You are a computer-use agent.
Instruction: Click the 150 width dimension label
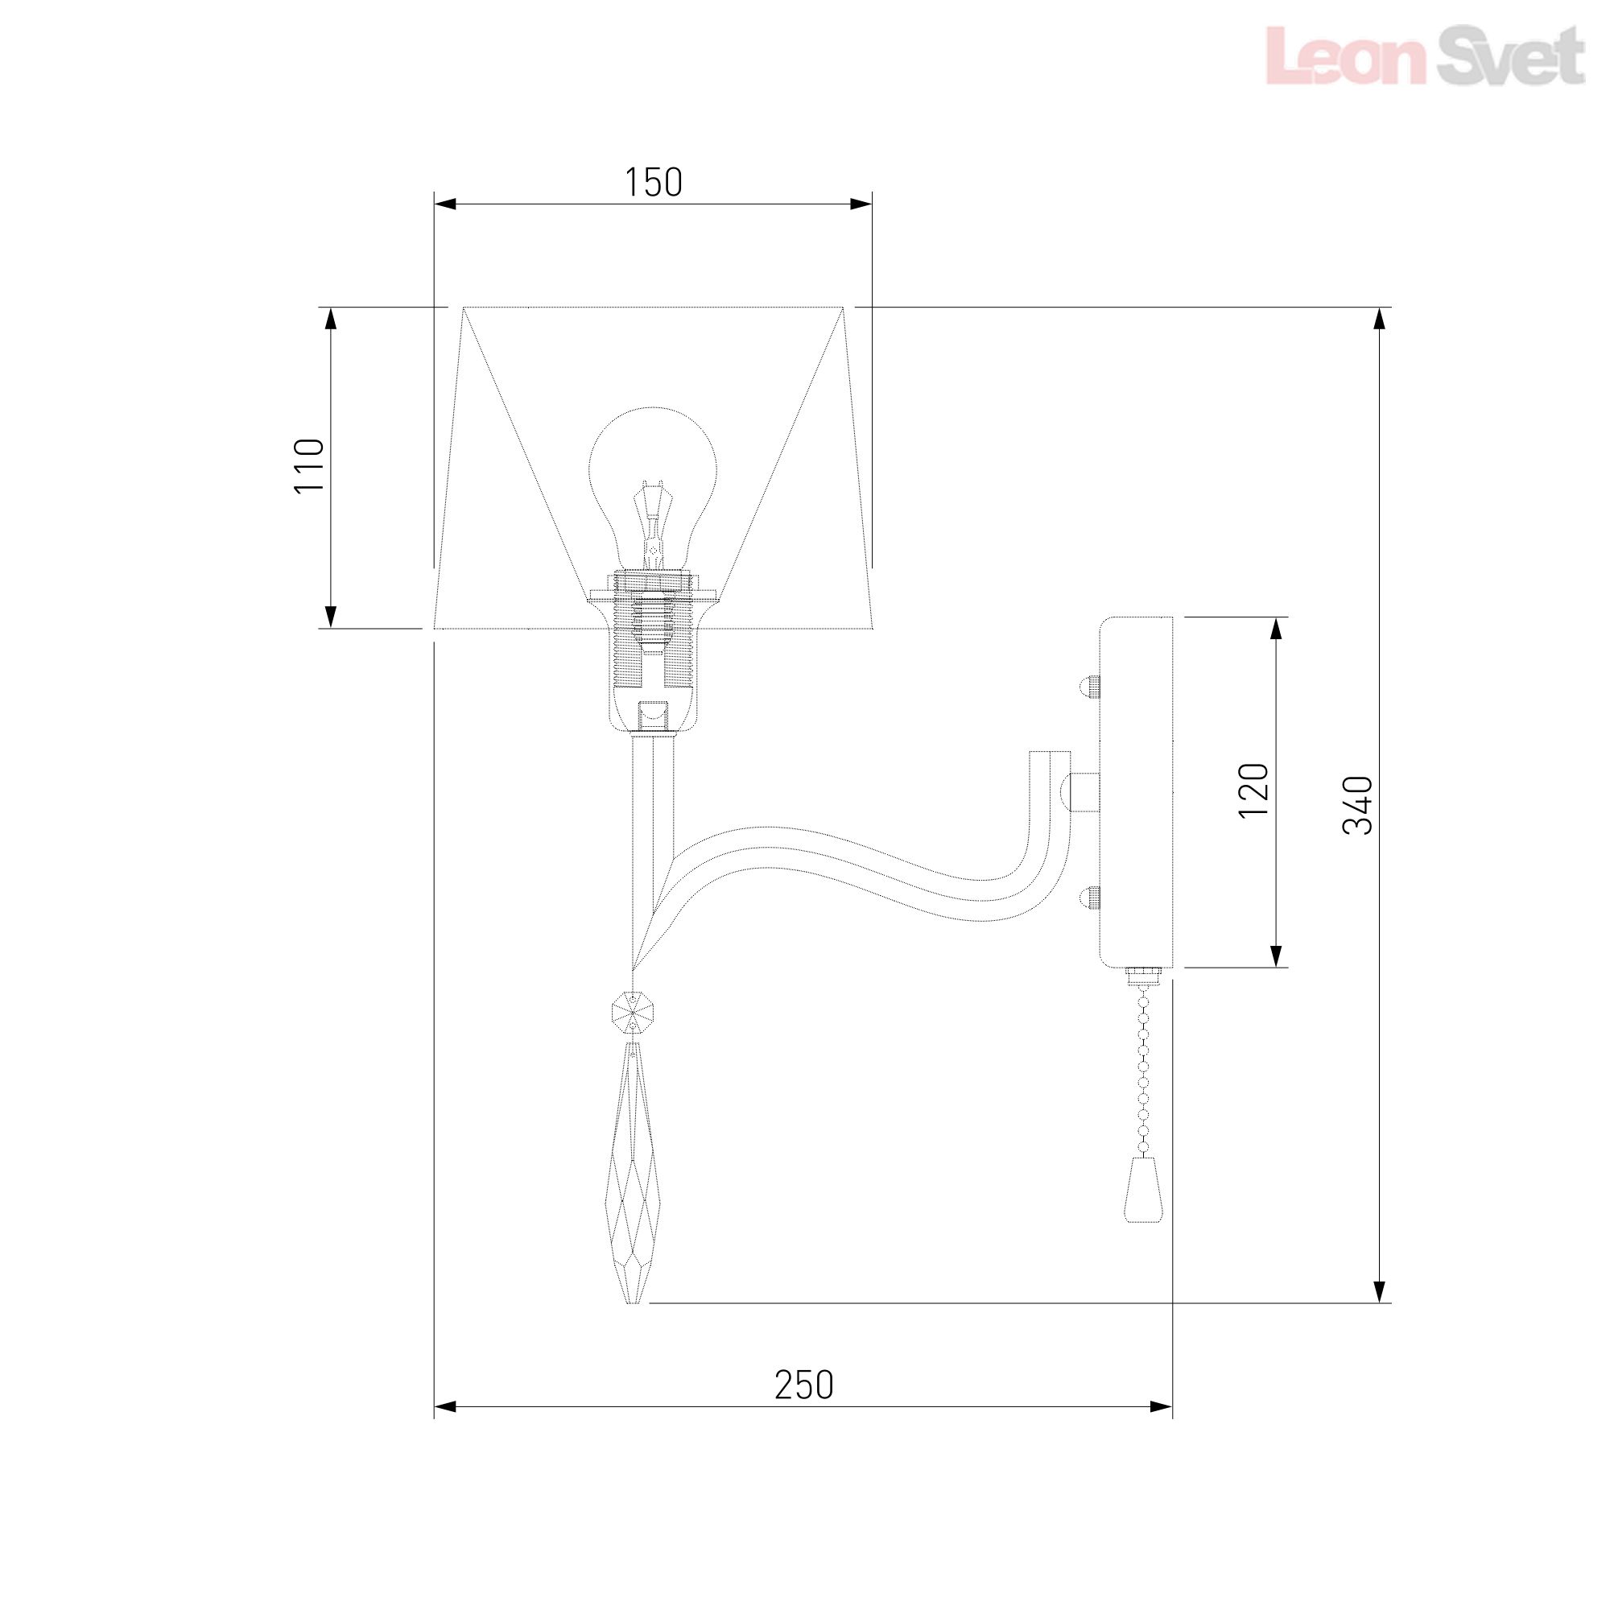654,182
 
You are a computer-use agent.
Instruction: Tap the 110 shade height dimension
309,466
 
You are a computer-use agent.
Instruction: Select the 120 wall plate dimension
1253,790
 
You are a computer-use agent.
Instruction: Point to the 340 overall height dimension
1357,805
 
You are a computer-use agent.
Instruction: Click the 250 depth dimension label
803,1385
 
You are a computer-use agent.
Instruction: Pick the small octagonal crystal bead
634,1013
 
